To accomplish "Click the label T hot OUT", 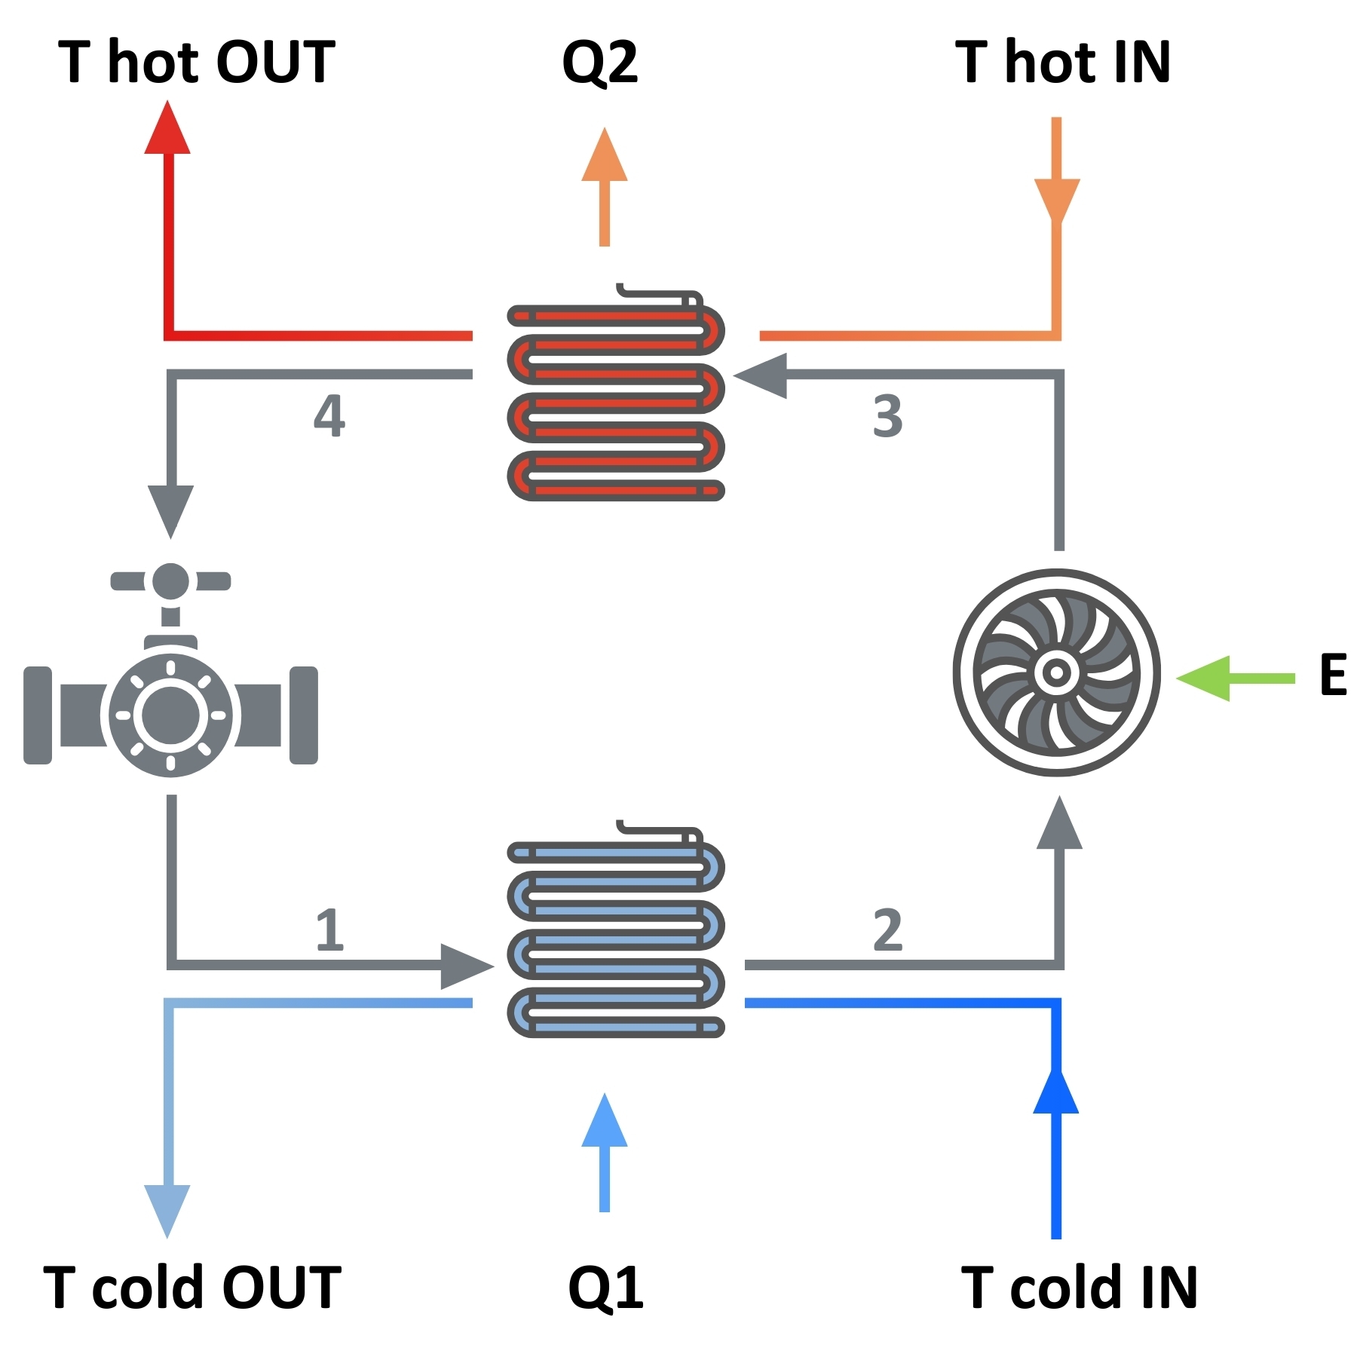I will coord(196,62).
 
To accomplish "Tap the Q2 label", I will coord(600,63).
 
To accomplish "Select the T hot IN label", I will coord(1063,62).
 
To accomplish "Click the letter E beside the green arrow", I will coord(1333,675).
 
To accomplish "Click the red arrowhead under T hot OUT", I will coord(167,128).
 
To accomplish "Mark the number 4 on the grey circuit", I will coord(329,415).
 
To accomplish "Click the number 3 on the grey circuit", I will coord(887,416).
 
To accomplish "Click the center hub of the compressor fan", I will coord(1056,672).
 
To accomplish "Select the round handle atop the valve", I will coord(170,581).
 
